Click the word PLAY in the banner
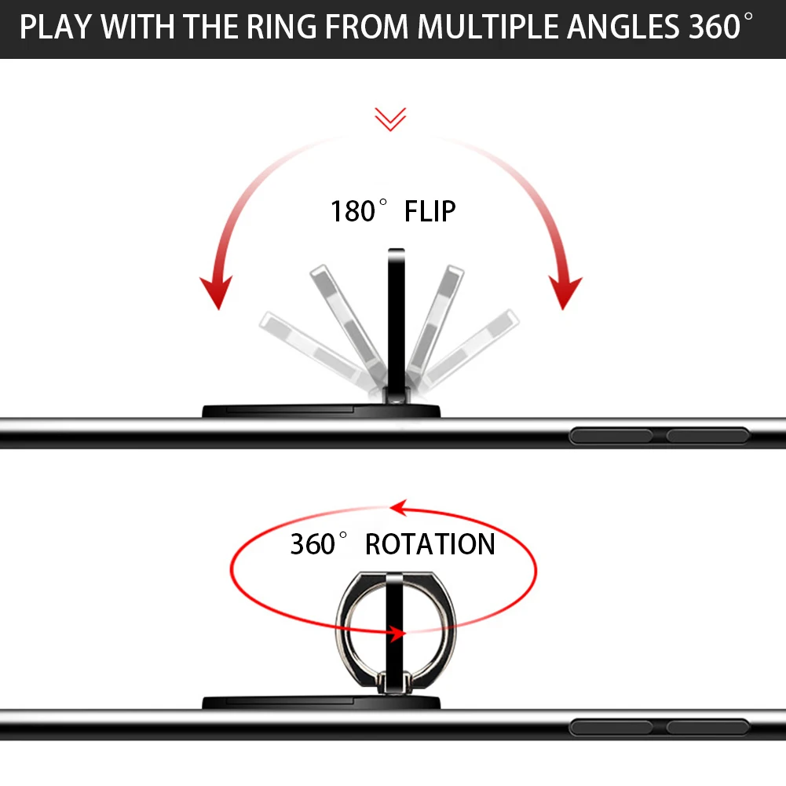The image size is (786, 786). tap(56, 27)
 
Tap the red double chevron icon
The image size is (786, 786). tap(390, 119)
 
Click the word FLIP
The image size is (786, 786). tap(430, 212)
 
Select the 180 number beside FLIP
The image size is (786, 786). tap(354, 212)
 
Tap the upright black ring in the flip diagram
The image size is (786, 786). tap(396, 314)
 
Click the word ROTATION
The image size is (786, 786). tap(430, 544)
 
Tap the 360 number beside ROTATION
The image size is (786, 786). tap(313, 544)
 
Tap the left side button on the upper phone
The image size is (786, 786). tap(611, 437)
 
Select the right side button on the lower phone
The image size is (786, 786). tap(707, 727)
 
